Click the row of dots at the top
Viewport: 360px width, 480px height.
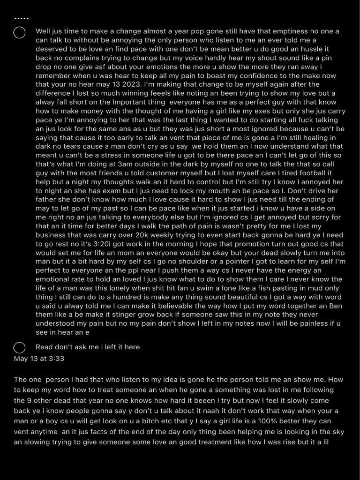tap(22, 19)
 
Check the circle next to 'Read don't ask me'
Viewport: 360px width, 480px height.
tap(20, 347)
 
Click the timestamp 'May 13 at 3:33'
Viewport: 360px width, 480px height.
tap(39, 359)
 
